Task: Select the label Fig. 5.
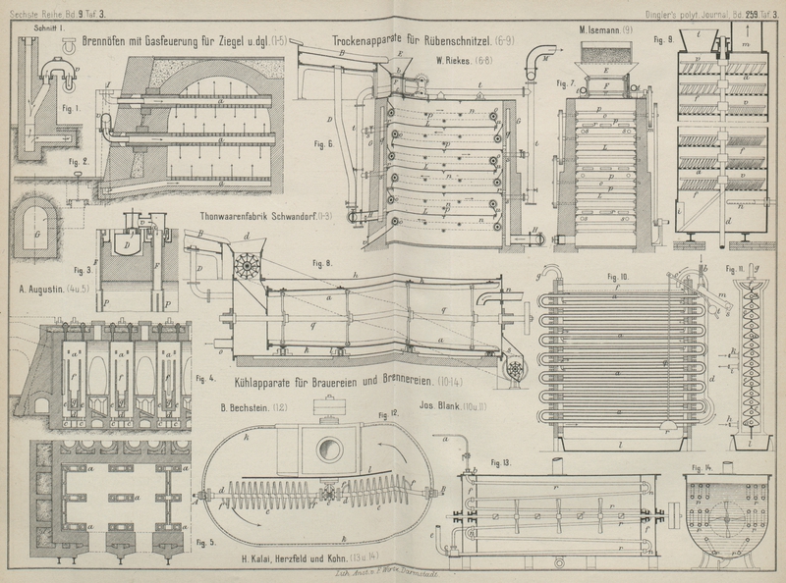[x=205, y=542]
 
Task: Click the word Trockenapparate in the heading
[x=372, y=41]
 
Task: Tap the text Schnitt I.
[x=47, y=29]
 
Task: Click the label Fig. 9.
[x=662, y=41]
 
